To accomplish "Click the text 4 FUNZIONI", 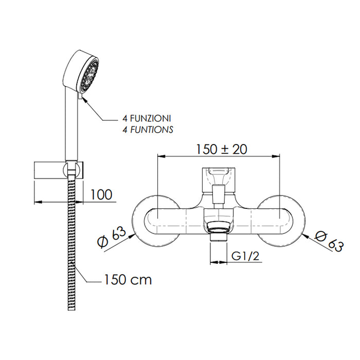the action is pyautogui.click(x=147, y=118).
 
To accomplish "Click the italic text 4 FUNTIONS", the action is pyautogui.click(x=148, y=130).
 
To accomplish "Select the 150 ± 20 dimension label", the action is pyautogui.click(x=221, y=149).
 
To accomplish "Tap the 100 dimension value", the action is pyautogui.click(x=101, y=194).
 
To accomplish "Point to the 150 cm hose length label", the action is pyautogui.click(x=128, y=280).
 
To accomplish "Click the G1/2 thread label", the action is pyautogui.click(x=245, y=256).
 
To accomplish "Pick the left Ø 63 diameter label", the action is pyautogui.click(x=112, y=237).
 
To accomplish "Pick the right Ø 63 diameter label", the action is pyautogui.click(x=329, y=242).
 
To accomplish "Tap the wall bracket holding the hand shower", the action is pyautogui.click(x=59, y=170).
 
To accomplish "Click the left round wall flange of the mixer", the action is pyautogui.click(x=156, y=222).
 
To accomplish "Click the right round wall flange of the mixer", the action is pyautogui.click(x=281, y=222).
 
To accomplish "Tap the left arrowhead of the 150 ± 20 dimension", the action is pyautogui.click(x=161, y=156).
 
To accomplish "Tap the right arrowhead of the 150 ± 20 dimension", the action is pyautogui.click(x=276, y=156).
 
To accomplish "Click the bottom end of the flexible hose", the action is pyautogui.click(x=71, y=309).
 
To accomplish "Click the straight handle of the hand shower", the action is pyautogui.click(x=72, y=124).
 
